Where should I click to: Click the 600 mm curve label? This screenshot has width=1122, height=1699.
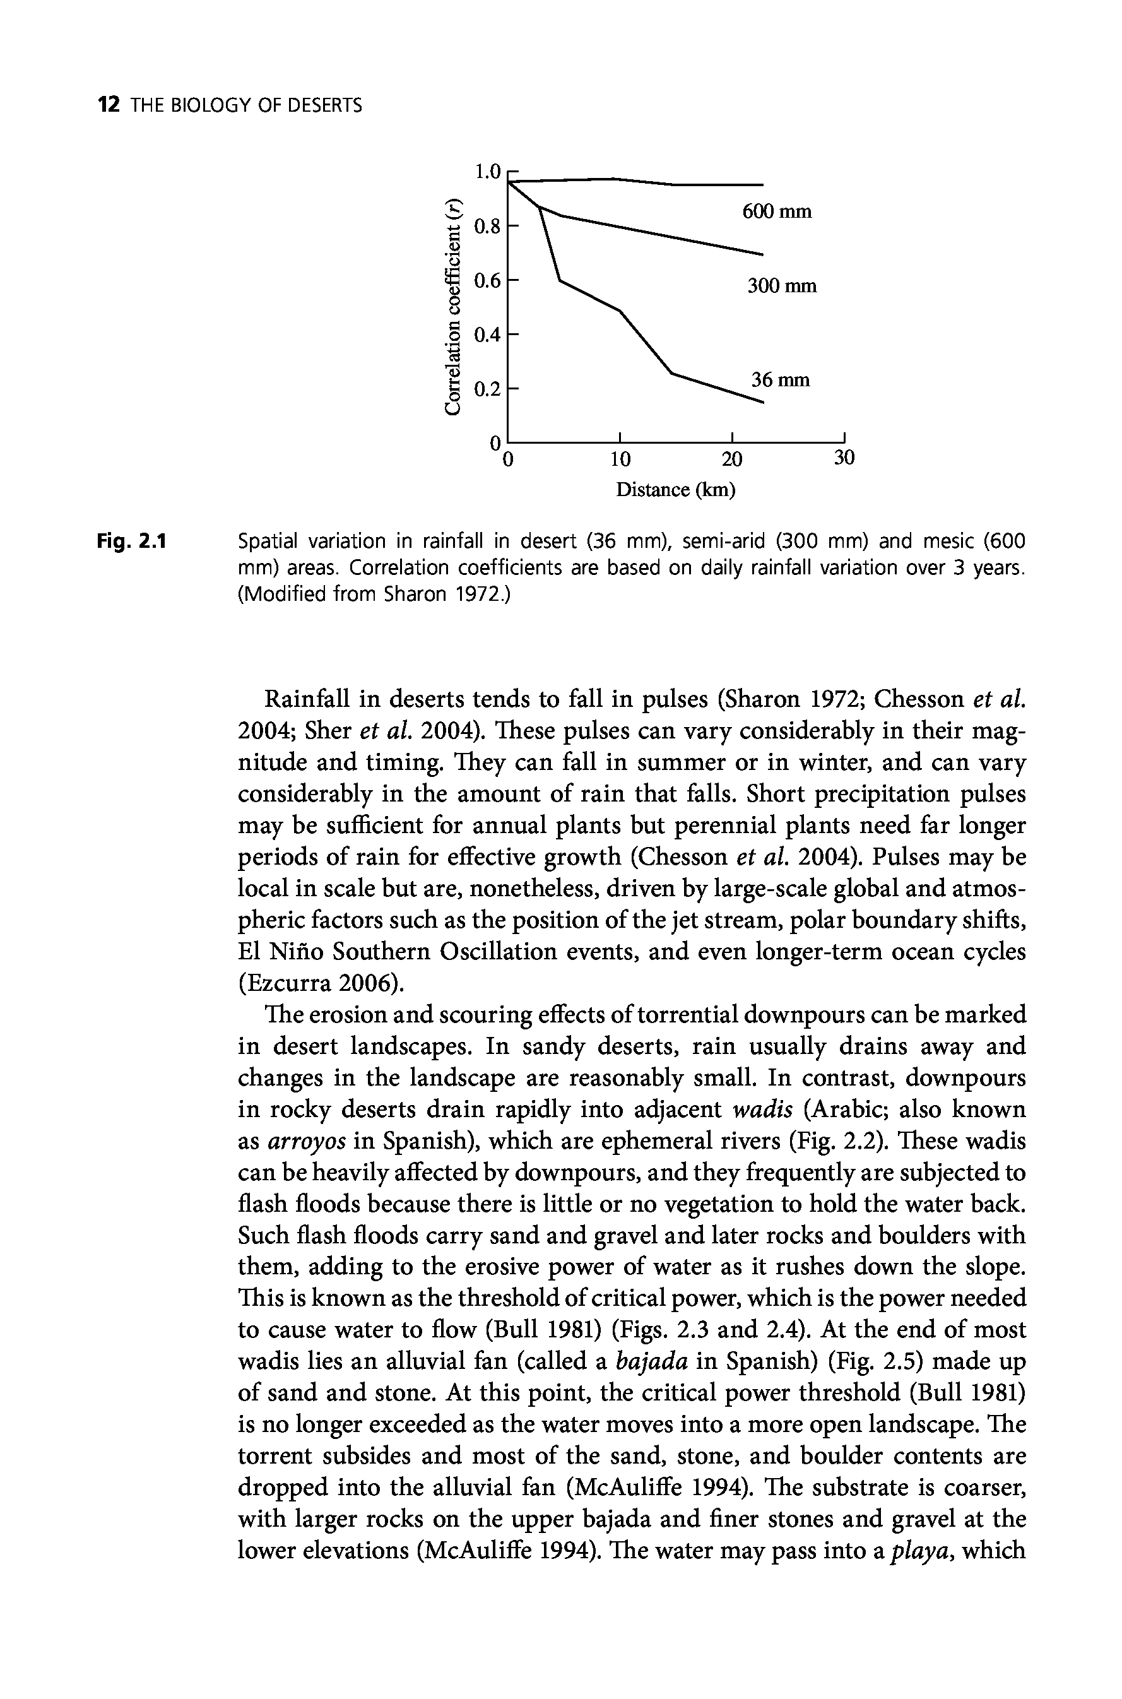[x=776, y=212]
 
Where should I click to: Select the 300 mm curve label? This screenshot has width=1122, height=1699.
[x=781, y=287]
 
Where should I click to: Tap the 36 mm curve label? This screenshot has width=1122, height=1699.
[x=780, y=380]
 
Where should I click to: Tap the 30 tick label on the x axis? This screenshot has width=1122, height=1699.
[x=844, y=458]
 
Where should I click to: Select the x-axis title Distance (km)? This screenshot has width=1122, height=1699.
[x=675, y=490]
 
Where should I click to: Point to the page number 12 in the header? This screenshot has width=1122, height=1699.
[x=108, y=106]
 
